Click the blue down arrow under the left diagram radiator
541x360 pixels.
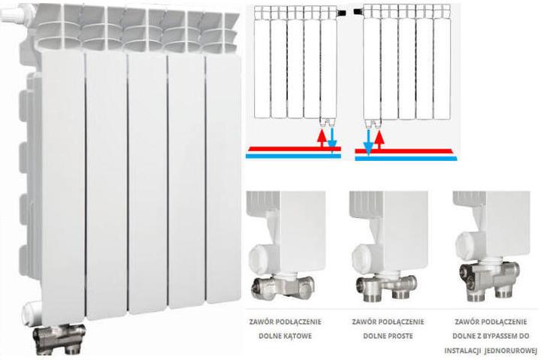tap(333, 140)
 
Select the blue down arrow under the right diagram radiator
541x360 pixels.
tap(368, 141)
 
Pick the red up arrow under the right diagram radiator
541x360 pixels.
tap(379, 139)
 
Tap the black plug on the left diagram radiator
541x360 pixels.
tap(343, 13)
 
